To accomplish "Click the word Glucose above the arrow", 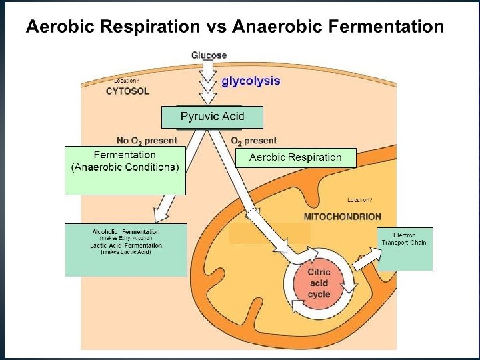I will click(x=209, y=55).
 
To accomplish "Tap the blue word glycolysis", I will click(x=251, y=81).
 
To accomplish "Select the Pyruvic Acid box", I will click(x=213, y=117).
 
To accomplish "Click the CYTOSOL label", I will click(x=127, y=91).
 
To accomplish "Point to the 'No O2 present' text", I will click(x=147, y=141).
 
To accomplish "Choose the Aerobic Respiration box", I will click(x=295, y=157).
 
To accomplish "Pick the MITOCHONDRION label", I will click(x=343, y=217).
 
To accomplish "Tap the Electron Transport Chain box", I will click(x=405, y=239).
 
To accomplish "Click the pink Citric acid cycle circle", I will click(x=318, y=283).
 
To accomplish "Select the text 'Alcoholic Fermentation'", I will click(x=126, y=231).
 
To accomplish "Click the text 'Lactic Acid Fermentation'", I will click(x=126, y=245).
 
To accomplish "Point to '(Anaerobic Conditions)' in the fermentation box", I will click(x=125, y=167).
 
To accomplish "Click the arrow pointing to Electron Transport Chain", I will click(x=363, y=259).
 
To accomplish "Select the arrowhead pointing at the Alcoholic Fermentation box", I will click(x=161, y=215).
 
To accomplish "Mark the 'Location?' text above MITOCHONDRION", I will click(x=360, y=200).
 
